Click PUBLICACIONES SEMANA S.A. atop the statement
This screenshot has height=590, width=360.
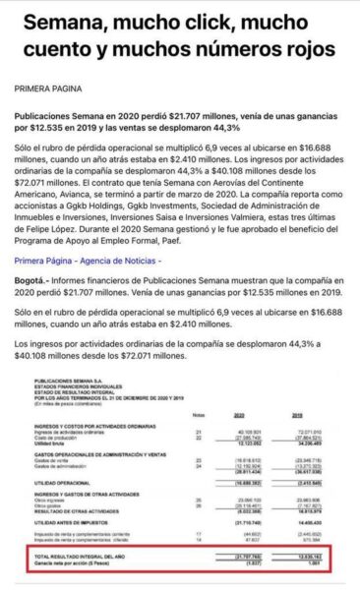pos(66,375)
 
